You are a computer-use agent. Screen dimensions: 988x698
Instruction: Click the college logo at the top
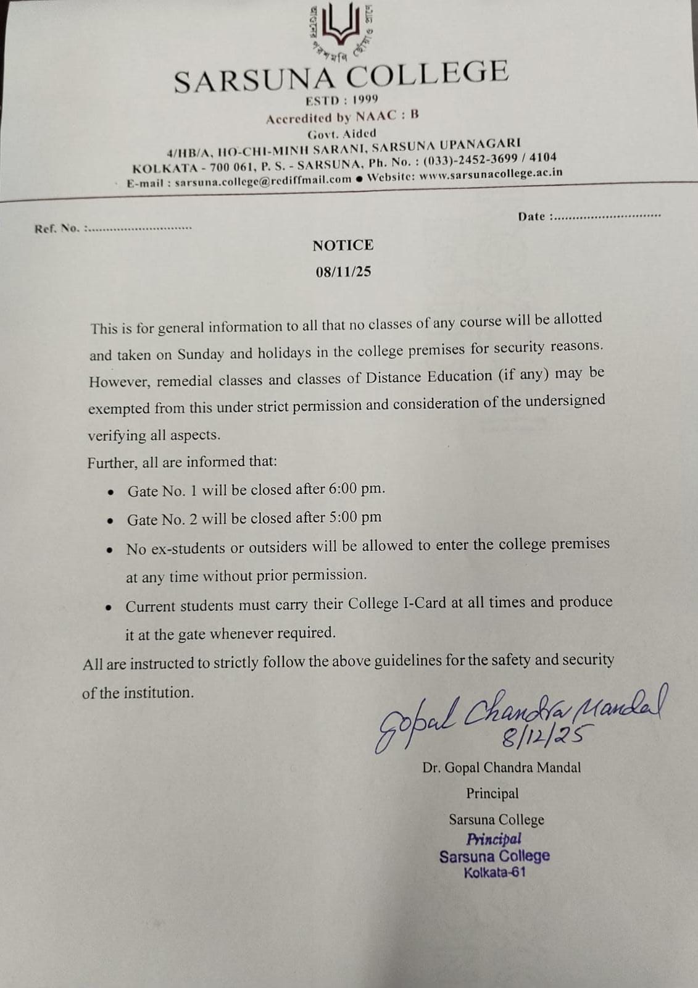(342, 31)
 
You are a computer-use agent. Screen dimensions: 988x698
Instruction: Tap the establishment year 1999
(365, 99)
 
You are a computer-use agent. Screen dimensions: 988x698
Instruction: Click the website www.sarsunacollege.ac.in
(491, 174)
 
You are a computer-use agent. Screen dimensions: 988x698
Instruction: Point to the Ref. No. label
(57, 228)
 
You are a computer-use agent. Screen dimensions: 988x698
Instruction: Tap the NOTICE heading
(343, 245)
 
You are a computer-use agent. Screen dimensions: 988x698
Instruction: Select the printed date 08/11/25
(343, 272)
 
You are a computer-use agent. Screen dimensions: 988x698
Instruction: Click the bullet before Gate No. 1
(111, 493)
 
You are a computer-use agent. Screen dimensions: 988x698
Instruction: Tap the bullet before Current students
(109, 608)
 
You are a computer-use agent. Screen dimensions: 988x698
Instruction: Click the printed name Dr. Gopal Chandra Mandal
(501, 768)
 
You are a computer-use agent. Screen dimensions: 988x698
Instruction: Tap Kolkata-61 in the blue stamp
(494, 873)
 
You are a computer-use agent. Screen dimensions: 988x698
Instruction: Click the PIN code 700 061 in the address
(231, 167)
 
